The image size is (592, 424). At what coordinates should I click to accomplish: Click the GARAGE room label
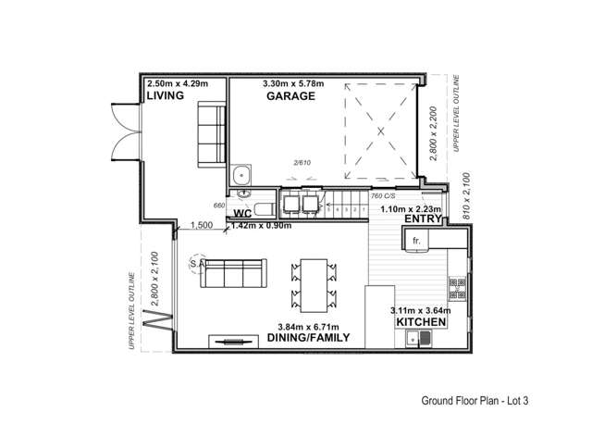tap(286, 96)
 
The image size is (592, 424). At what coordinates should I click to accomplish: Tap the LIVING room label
tap(166, 96)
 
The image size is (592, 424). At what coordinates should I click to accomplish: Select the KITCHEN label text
tap(422, 322)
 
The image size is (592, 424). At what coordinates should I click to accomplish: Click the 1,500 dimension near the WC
tap(203, 224)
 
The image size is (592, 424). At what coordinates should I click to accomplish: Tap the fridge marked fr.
tap(417, 241)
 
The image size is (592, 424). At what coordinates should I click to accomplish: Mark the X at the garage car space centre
tap(381, 132)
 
